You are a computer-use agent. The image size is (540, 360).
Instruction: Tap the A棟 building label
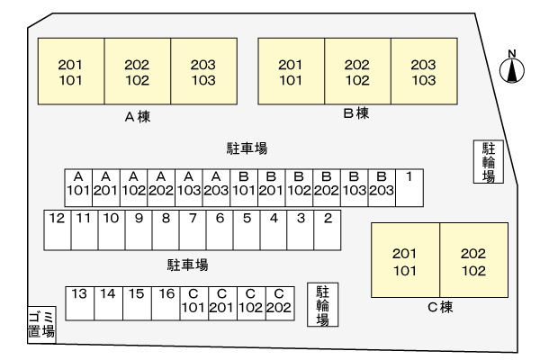click(137, 116)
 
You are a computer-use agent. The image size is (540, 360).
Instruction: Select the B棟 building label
click(356, 114)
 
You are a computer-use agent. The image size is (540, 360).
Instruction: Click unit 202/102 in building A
click(137, 71)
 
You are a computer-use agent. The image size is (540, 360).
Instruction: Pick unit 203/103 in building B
click(423, 71)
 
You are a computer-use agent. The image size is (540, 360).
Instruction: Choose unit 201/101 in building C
click(404, 261)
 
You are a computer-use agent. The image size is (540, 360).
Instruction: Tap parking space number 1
click(409, 184)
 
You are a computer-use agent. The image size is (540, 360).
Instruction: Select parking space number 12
click(57, 229)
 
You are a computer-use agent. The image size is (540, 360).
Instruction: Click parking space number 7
click(192, 229)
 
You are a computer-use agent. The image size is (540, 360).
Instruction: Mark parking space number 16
click(166, 301)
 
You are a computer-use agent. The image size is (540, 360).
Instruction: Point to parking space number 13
click(79, 301)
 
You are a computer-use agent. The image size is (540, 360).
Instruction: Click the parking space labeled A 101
click(78, 184)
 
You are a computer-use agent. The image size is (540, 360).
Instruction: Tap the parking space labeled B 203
click(381, 184)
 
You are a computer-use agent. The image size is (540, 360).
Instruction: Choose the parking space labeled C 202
click(279, 301)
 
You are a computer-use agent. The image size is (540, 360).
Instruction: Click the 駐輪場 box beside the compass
click(488, 162)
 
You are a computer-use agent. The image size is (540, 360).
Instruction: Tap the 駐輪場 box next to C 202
click(321, 305)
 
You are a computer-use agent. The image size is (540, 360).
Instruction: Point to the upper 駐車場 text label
click(246, 148)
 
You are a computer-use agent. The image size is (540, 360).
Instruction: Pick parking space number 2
click(328, 229)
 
